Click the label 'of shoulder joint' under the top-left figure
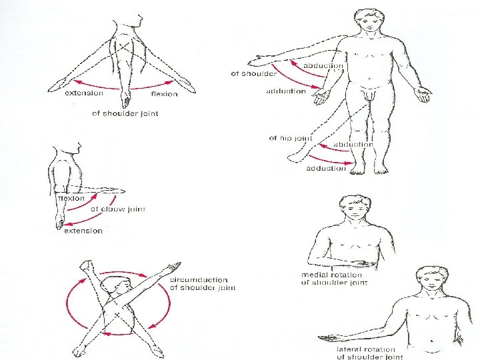125,113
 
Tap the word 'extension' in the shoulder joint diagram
84,93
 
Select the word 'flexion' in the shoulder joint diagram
164,94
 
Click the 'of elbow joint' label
118,209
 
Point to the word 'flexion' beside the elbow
71,198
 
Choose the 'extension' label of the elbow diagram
83,231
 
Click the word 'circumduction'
199,280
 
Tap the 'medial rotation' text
331,275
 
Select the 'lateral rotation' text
366,349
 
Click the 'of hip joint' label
291,138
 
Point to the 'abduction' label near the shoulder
323,66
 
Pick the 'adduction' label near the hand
286,91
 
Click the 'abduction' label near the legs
353,144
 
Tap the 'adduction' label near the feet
326,169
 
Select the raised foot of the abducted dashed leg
295,157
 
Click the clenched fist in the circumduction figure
86,265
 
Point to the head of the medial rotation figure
355,207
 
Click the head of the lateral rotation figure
431,279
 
